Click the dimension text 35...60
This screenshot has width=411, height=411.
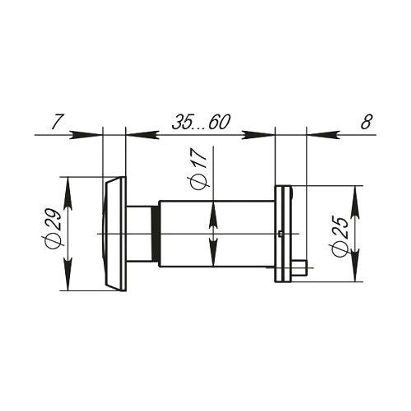[201, 122]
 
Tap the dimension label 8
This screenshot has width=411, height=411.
[367, 122]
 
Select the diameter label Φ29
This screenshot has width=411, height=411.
[53, 228]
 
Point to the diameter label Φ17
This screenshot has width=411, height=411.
[198, 169]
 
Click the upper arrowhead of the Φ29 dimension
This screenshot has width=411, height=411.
[68, 193]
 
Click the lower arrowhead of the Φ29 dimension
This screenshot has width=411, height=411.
[68, 274]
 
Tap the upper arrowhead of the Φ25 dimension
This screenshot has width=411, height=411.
[355, 202]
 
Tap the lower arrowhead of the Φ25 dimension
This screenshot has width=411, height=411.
[355, 265]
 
